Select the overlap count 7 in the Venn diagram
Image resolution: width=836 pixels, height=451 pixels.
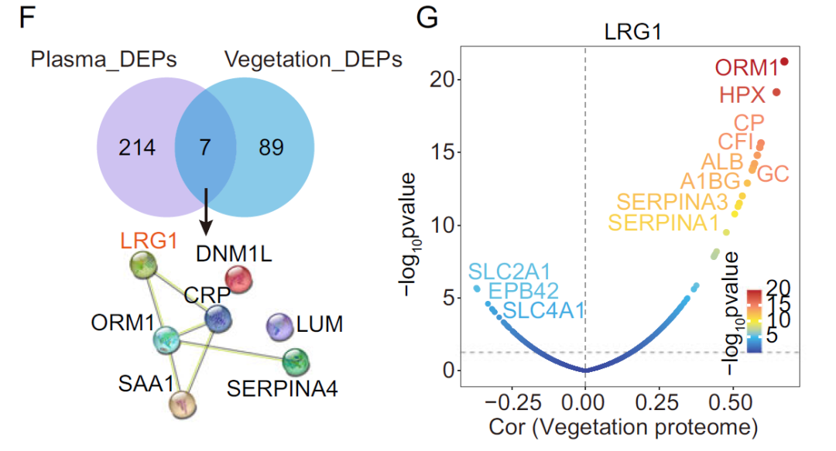click(x=205, y=147)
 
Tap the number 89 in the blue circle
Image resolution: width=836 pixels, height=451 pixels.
click(x=272, y=147)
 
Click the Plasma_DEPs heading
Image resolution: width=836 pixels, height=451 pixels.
click(x=104, y=60)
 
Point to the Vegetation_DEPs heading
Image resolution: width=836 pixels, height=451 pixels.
click(x=313, y=60)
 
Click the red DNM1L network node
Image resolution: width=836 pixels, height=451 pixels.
click(x=239, y=280)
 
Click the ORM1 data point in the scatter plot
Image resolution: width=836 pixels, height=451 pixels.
click(x=785, y=61)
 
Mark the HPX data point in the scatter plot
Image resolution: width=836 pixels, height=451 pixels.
click(x=776, y=93)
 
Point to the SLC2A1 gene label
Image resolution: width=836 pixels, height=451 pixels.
click(x=509, y=272)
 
